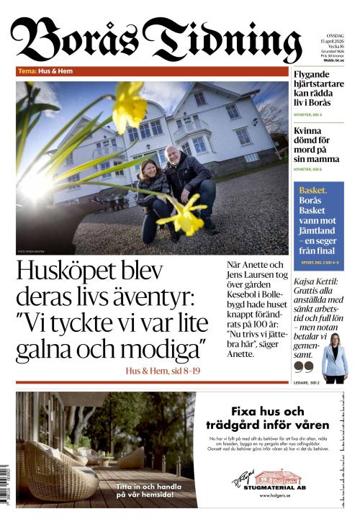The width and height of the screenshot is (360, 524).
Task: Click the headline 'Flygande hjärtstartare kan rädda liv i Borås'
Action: (x=321, y=89)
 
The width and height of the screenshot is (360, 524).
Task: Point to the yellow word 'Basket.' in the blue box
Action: (x=313, y=190)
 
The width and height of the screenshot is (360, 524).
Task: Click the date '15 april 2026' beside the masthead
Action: (x=330, y=40)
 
